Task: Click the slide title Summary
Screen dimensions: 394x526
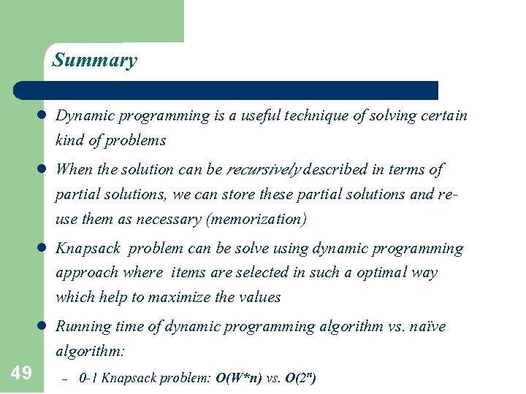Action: (94, 60)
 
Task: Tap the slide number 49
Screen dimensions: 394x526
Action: (21, 374)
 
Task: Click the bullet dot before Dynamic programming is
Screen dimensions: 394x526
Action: (42, 116)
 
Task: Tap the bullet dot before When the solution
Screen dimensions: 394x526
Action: (42, 170)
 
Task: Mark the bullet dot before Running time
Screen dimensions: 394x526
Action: (42, 327)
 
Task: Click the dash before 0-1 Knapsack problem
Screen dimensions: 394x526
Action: (64, 379)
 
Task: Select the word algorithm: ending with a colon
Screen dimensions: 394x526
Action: (91, 351)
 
